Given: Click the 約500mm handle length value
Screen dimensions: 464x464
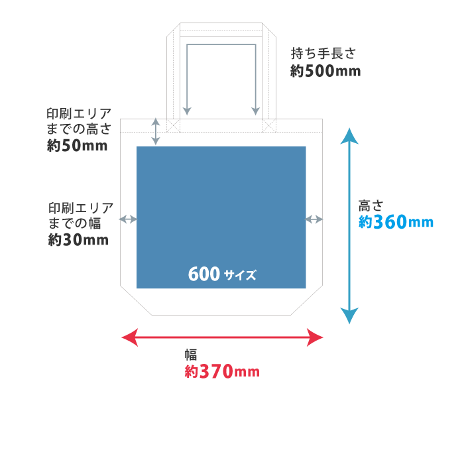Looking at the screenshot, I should tap(325, 71).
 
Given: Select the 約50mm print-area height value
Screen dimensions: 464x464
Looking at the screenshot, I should tap(77, 146).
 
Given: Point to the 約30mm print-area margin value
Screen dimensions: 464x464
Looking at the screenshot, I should tap(78, 240).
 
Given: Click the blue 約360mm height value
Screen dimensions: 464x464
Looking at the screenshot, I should tap(396, 222).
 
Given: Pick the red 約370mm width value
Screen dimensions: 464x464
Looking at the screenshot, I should tap(222, 372).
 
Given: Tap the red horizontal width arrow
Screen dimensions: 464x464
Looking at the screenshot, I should tap(222, 338).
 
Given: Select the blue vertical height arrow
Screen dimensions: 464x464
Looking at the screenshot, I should tap(349, 225).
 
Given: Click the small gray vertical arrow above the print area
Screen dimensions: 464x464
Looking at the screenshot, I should tap(156, 131).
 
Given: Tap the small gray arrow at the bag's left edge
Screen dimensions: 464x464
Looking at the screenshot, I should tap(128, 219).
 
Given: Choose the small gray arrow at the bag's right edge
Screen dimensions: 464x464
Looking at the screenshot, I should tap(314, 219).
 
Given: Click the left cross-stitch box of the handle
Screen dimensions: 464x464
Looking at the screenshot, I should tap(173, 125).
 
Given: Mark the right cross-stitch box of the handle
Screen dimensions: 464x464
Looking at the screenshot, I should tap(268, 125).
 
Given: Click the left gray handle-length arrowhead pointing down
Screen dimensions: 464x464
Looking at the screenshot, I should tap(187, 111).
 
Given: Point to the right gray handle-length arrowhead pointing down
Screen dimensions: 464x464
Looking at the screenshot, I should tap(256, 111).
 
